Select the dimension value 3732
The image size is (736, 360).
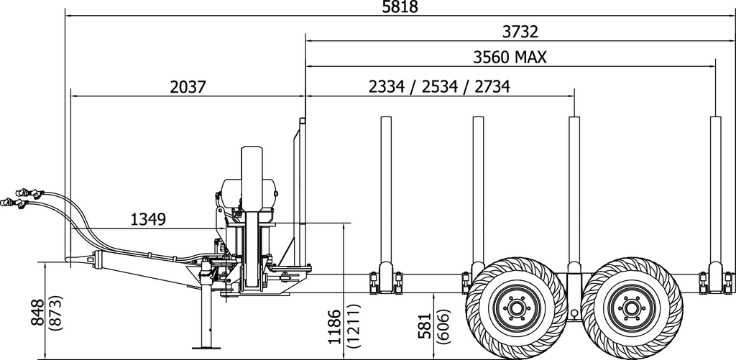click(x=520, y=32)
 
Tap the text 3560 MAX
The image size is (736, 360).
click(x=510, y=57)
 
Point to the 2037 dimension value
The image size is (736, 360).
click(x=188, y=87)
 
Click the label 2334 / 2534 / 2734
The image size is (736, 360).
click(x=439, y=87)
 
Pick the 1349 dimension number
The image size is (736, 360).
click(x=149, y=219)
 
